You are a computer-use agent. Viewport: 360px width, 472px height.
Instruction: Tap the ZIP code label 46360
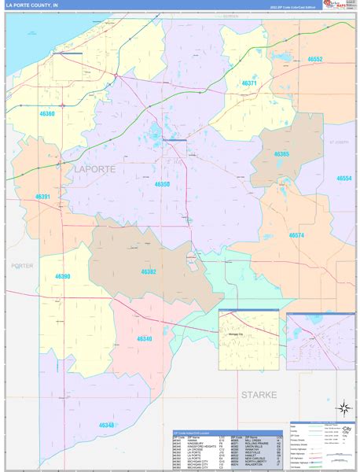point(46,114)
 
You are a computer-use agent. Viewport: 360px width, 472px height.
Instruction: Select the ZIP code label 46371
point(249,83)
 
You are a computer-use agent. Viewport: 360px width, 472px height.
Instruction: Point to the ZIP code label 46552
point(315,59)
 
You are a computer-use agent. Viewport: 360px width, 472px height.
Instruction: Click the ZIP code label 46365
point(281,154)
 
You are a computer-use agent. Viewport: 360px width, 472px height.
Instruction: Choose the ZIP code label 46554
point(345,179)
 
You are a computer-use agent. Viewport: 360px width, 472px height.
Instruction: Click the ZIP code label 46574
point(296,235)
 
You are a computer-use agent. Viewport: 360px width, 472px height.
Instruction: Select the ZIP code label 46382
point(149,271)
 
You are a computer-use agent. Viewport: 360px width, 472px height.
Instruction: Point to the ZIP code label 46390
point(63,276)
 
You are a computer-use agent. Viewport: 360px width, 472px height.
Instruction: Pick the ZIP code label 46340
point(144,338)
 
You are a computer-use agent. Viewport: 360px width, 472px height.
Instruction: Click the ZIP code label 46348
point(107,425)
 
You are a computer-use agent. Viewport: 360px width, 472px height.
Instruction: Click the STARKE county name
point(259,394)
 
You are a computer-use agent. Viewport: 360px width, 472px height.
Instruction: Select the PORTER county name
point(22,266)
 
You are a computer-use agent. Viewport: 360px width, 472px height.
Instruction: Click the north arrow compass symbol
point(343,408)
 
